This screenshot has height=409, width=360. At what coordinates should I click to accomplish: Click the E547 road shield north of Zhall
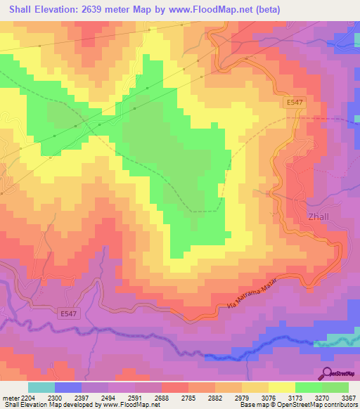click(x=295, y=103)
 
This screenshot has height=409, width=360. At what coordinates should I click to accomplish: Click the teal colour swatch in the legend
click(x=41, y=387)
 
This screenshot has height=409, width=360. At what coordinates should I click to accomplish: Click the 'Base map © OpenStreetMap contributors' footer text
click(x=299, y=405)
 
